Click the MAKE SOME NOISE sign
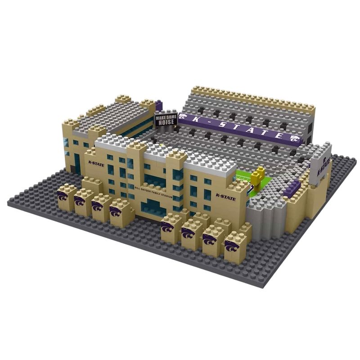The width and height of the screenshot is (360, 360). point(166,121)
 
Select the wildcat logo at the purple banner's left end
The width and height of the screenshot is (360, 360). point(183,116)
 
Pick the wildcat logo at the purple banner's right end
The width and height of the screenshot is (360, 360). point(294,139)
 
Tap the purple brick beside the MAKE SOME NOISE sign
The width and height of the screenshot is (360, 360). point(158,106)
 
